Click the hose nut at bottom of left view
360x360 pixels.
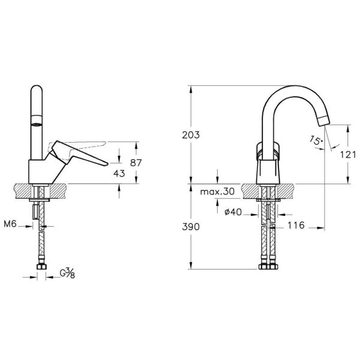[x=42, y=266]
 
